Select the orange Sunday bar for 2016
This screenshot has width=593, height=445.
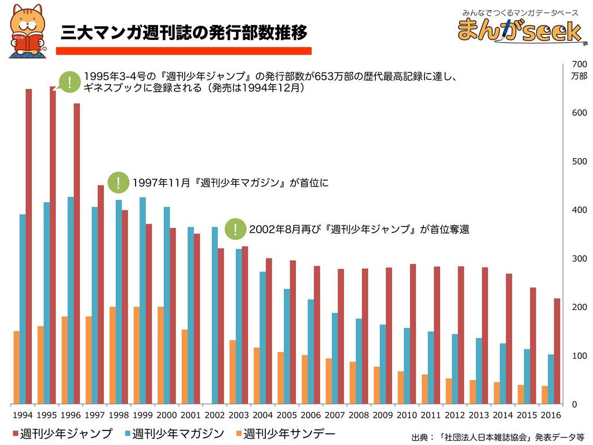point(545,395)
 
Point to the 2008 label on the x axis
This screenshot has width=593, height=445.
point(359,415)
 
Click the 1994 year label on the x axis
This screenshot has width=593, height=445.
point(22,415)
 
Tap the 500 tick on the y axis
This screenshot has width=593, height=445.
point(579,161)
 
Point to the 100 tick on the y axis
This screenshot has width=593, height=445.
point(579,355)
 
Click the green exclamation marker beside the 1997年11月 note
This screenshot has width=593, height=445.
point(118,183)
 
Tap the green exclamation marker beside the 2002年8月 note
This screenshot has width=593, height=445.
point(235,229)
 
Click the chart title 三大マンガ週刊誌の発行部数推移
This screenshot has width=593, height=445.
point(184,33)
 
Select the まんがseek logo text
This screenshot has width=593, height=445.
point(518,31)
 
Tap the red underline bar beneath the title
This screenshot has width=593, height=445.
point(184,51)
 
